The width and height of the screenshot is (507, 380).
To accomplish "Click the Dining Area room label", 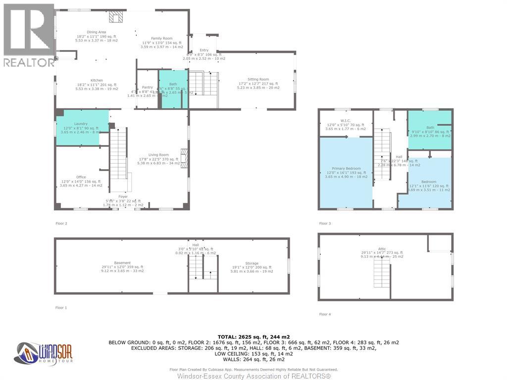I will [x=97, y=32].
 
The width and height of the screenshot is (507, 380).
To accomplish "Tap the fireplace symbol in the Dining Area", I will [x=116, y=17].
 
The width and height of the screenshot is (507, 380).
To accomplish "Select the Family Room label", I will [x=161, y=39].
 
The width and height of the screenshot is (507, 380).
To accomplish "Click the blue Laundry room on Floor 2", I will [x=82, y=127].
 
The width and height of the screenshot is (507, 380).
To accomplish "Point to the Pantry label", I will [x=148, y=87].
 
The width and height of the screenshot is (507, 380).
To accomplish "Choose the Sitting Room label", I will [x=258, y=79].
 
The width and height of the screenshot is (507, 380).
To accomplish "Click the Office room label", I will [x=81, y=177].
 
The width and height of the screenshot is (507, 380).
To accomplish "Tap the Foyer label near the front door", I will [x=122, y=197].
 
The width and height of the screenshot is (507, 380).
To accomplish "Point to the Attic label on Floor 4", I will [x=381, y=249].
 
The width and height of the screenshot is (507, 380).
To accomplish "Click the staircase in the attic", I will [x=382, y=272].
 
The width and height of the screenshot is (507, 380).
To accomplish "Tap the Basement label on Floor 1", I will [x=122, y=263].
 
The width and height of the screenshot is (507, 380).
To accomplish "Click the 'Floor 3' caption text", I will [x=325, y=224].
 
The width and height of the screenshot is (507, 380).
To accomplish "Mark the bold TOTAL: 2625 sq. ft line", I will [x=253, y=336].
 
